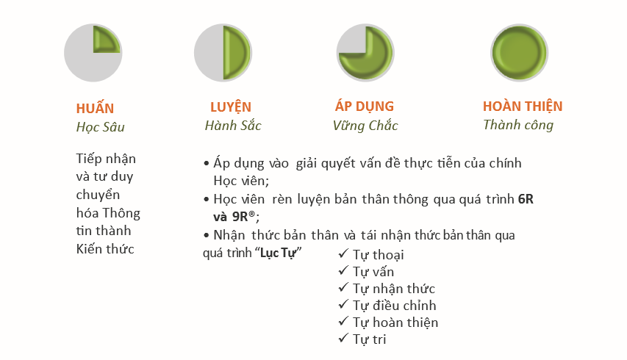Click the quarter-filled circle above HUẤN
pos(93,53)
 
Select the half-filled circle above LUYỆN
pos(223,53)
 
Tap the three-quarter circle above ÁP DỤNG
pos(365,53)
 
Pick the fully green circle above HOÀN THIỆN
pos(520,53)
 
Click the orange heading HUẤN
pos(95,108)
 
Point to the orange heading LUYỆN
pos(231,107)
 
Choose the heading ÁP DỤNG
pos(365,107)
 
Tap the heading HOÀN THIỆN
pos(523,107)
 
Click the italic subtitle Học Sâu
pos(101,127)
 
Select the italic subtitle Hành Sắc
pos(233,126)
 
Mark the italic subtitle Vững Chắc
pos(365,126)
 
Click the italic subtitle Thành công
pos(518,125)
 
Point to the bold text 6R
pos(526,199)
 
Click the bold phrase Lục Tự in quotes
pos(278,253)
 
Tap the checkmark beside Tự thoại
pos(343,253)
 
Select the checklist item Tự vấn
pos(373,272)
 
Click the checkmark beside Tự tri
pos(343,338)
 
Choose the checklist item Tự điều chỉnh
pos(394,306)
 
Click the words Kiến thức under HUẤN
pos(105,249)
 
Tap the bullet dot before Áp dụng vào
pos(207,163)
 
